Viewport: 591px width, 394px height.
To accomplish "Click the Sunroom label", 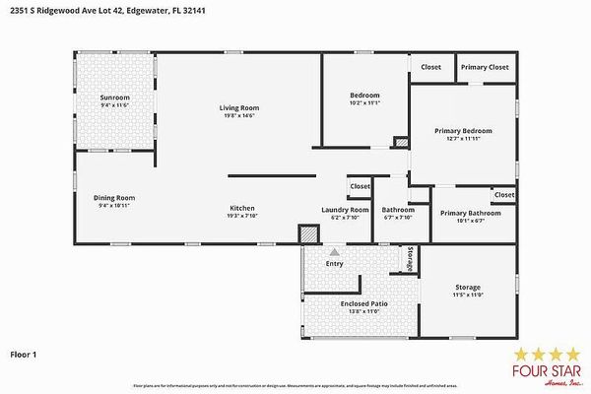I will [x=114, y=98].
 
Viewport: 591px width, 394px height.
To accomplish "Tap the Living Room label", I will [x=238, y=107].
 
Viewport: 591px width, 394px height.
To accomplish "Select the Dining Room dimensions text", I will [x=114, y=206].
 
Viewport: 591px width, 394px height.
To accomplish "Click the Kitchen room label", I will [x=242, y=208].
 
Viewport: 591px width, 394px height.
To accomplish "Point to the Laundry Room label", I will [x=345, y=209].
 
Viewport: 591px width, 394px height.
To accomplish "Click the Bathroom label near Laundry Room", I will [x=398, y=209].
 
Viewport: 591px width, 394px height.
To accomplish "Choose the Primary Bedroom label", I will [x=464, y=131].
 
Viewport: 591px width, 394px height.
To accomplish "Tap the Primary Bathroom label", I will [x=470, y=213].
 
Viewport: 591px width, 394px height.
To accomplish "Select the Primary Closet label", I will [x=485, y=67].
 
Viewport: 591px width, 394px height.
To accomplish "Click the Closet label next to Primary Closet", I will [x=431, y=67].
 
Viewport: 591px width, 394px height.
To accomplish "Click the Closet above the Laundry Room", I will [x=360, y=185].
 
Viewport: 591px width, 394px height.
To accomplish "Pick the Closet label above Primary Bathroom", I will [x=503, y=194].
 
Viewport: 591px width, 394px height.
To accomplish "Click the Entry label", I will [x=335, y=263].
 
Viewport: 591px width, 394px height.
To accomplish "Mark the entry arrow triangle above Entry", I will [x=335, y=253].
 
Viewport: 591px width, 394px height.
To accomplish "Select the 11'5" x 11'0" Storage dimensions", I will [x=468, y=295].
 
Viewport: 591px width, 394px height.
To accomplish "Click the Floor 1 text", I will [x=24, y=352].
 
